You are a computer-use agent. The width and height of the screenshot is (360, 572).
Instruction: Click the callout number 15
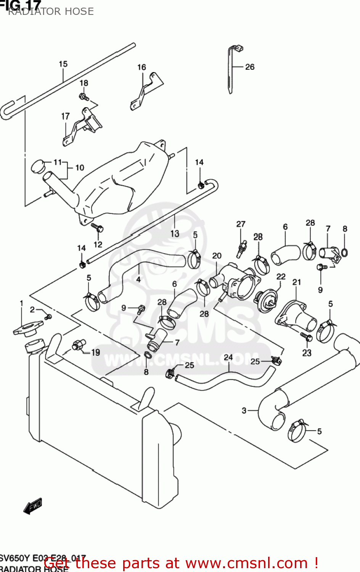63,64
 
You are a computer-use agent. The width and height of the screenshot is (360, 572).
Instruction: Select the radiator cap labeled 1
27,329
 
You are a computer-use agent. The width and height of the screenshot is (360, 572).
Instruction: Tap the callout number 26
249,67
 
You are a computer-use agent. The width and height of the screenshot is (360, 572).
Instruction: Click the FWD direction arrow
33,506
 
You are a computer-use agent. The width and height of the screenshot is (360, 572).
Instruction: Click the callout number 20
217,256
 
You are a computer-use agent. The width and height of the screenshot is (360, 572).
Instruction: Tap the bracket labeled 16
147,92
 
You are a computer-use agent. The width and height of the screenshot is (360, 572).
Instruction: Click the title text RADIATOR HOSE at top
51,11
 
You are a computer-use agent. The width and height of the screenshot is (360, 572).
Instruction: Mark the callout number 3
244,411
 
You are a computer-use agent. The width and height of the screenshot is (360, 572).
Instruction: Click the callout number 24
228,357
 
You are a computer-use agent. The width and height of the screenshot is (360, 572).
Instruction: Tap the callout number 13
175,233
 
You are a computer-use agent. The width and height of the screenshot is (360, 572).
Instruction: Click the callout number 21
296,282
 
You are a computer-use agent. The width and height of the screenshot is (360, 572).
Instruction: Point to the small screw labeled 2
48,317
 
